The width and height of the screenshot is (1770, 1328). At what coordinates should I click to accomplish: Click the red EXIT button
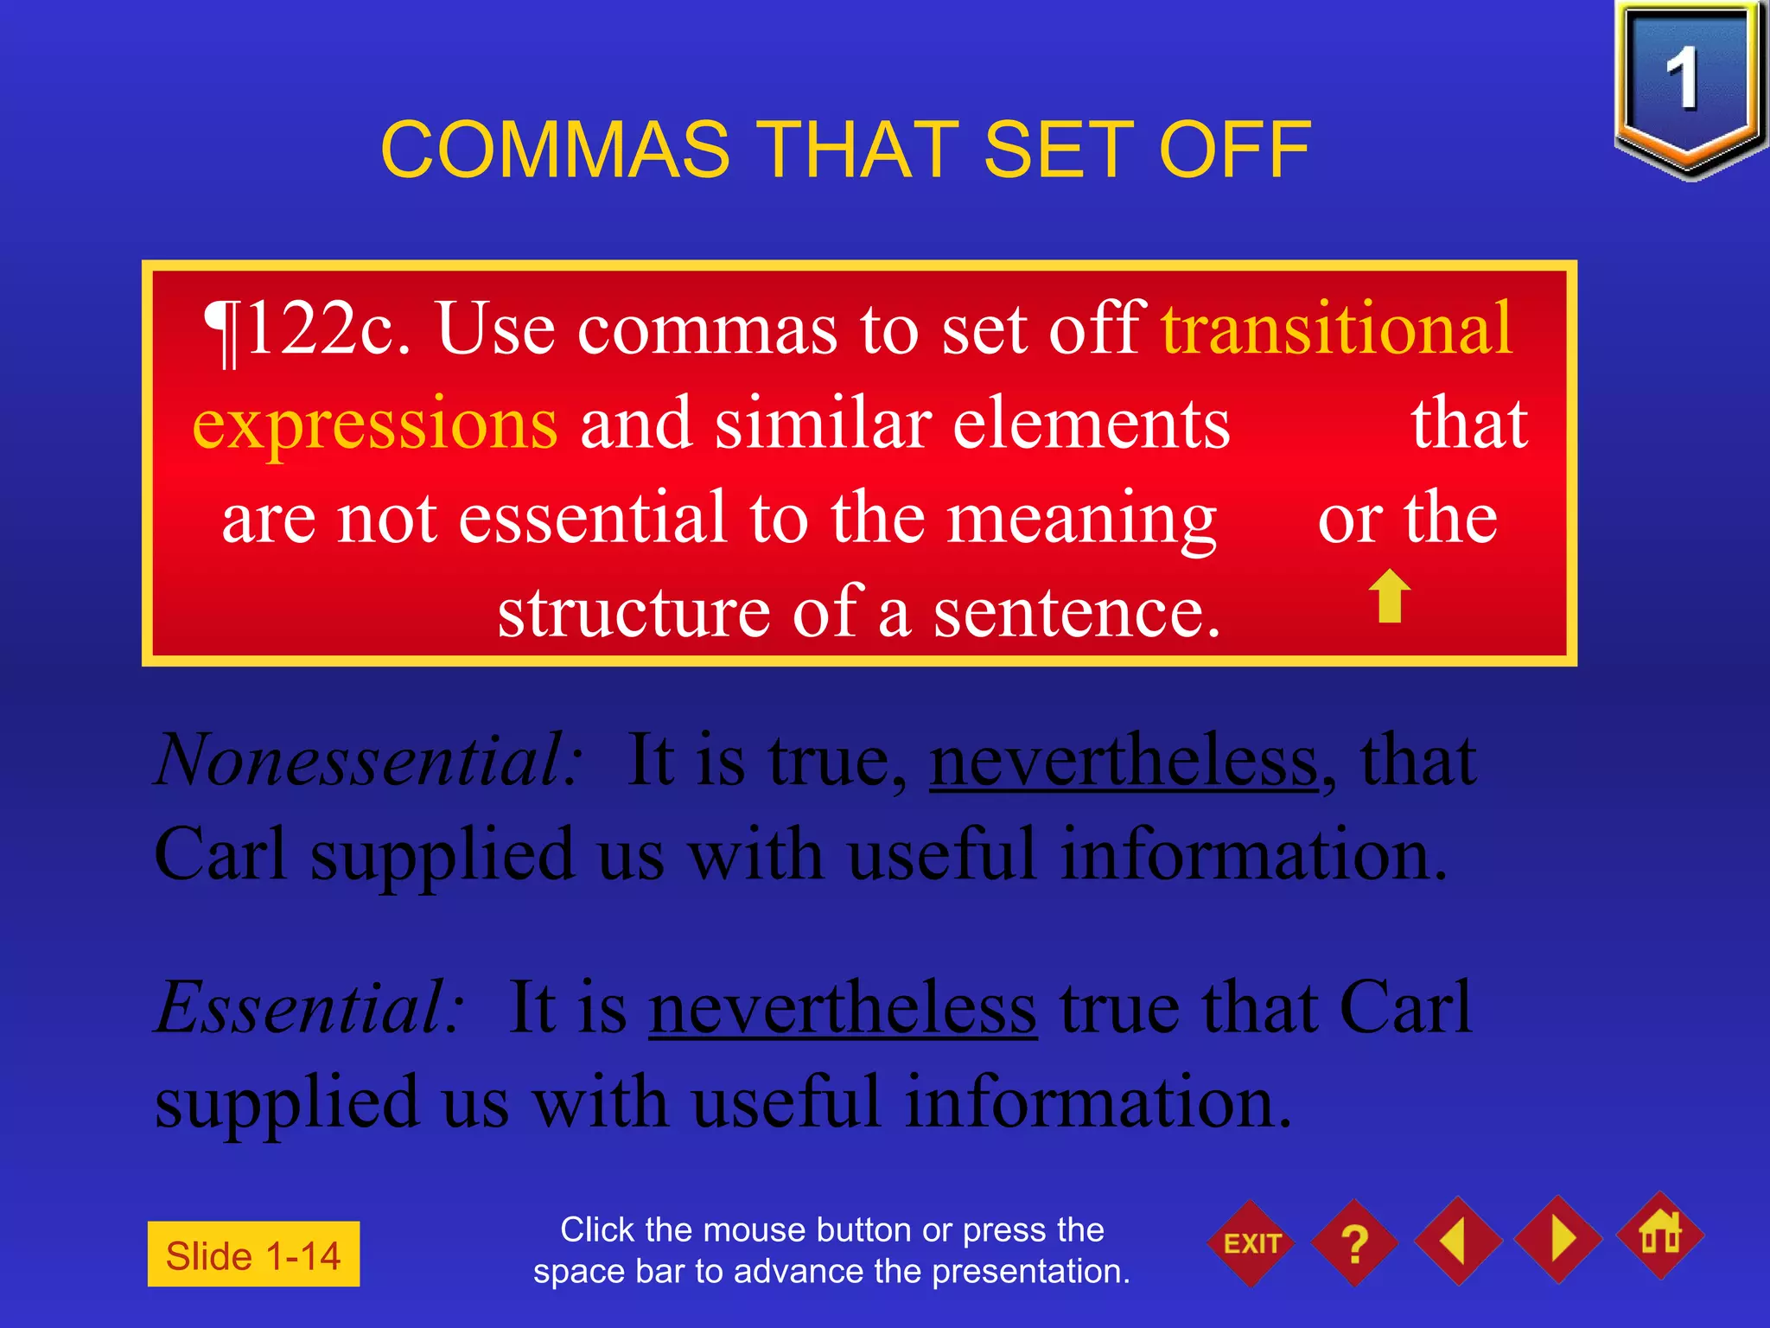[1251, 1243]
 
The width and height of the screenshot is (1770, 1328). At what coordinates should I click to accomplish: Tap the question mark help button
[1354, 1243]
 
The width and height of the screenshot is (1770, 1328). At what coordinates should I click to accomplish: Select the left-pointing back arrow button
[1457, 1241]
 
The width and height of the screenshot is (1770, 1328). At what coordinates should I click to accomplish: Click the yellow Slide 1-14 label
[253, 1255]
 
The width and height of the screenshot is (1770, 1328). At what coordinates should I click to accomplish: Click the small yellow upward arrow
[1390, 596]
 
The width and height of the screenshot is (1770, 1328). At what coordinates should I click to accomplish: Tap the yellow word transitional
[1337, 329]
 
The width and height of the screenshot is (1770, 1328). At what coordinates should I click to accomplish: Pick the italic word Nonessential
[368, 760]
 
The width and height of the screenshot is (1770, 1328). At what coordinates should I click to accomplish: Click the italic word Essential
[309, 1007]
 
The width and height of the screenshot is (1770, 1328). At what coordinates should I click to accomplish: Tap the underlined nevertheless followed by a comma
[1124, 760]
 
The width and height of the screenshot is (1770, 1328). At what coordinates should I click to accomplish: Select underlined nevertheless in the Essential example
[843, 1007]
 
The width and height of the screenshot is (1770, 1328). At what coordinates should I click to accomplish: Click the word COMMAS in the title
[556, 150]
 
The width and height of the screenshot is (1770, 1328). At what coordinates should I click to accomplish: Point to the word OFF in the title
[1234, 150]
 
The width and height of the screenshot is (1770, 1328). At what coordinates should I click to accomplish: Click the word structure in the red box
[634, 612]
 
